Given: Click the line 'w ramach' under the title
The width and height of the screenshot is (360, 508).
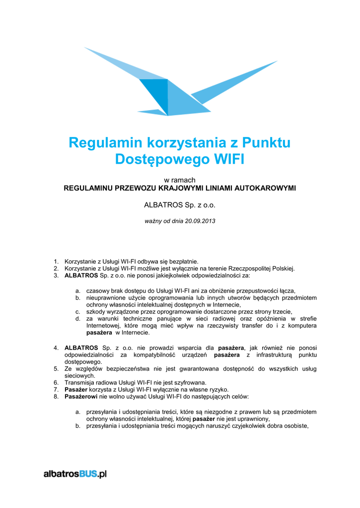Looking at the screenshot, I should tap(180, 180).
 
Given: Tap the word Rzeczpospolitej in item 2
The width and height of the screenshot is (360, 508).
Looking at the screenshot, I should tap(248, 268).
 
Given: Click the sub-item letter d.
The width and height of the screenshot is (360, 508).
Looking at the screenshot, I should tap(78, 319).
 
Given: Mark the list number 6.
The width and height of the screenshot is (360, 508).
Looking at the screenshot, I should tap(56, 383).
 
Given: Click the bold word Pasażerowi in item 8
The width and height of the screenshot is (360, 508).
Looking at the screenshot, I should tap(81, 397).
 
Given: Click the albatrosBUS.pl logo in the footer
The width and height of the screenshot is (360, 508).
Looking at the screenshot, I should tap(75, 474).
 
